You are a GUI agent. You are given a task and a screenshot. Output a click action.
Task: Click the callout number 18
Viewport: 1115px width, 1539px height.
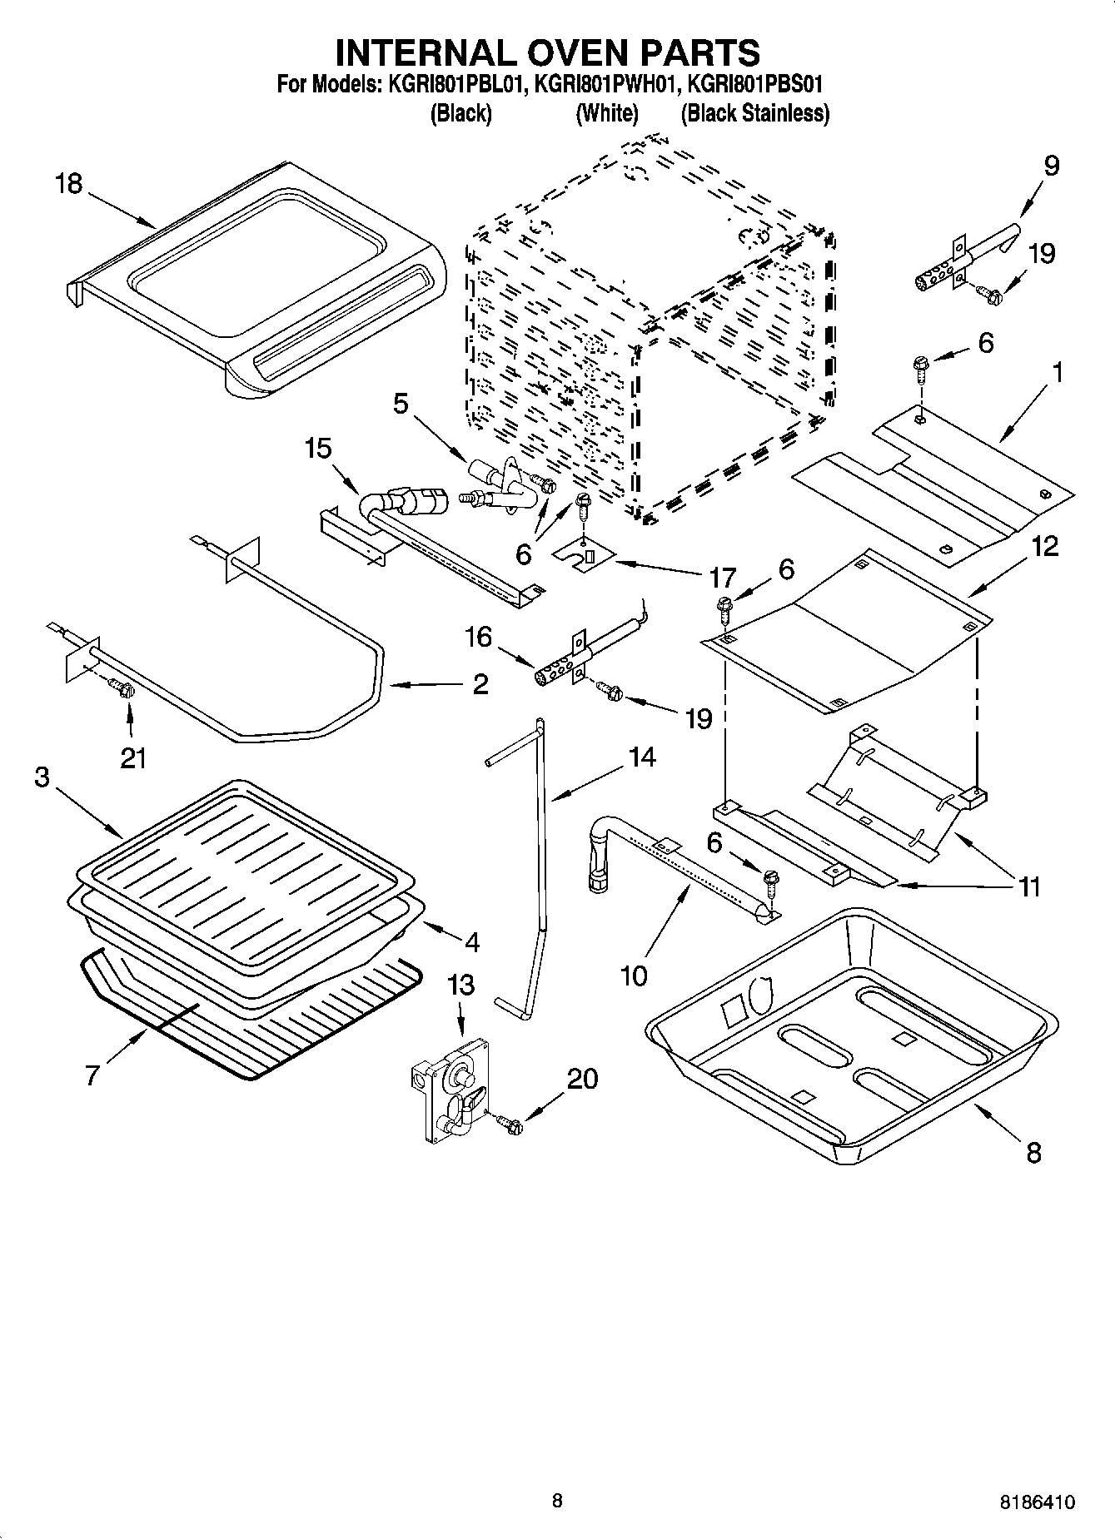(69, 183)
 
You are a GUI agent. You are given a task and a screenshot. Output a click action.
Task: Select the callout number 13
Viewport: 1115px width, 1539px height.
(460, 985)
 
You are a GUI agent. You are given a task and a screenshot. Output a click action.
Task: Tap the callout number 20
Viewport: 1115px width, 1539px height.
(582, 1079)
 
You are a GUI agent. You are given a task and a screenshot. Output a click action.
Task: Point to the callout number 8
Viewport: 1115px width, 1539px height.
(1033, 1153)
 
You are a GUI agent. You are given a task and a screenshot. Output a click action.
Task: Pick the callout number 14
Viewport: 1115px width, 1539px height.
(642, 757)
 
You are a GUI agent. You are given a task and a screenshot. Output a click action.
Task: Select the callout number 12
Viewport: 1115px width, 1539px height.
(1045, 546)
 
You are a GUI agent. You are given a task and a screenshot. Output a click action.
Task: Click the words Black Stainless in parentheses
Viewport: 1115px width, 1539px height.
(755, 113)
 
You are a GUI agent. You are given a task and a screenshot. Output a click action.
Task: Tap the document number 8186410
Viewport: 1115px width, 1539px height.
(1037, 1502)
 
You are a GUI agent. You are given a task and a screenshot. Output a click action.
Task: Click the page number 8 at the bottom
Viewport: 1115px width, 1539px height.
(557, 1501)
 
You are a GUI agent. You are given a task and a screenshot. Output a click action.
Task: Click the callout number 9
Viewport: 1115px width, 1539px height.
(1051, 166)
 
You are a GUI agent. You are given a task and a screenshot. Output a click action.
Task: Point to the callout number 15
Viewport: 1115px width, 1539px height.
(318, 448)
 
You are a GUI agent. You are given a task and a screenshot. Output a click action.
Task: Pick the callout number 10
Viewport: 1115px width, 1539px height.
(634, 975)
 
